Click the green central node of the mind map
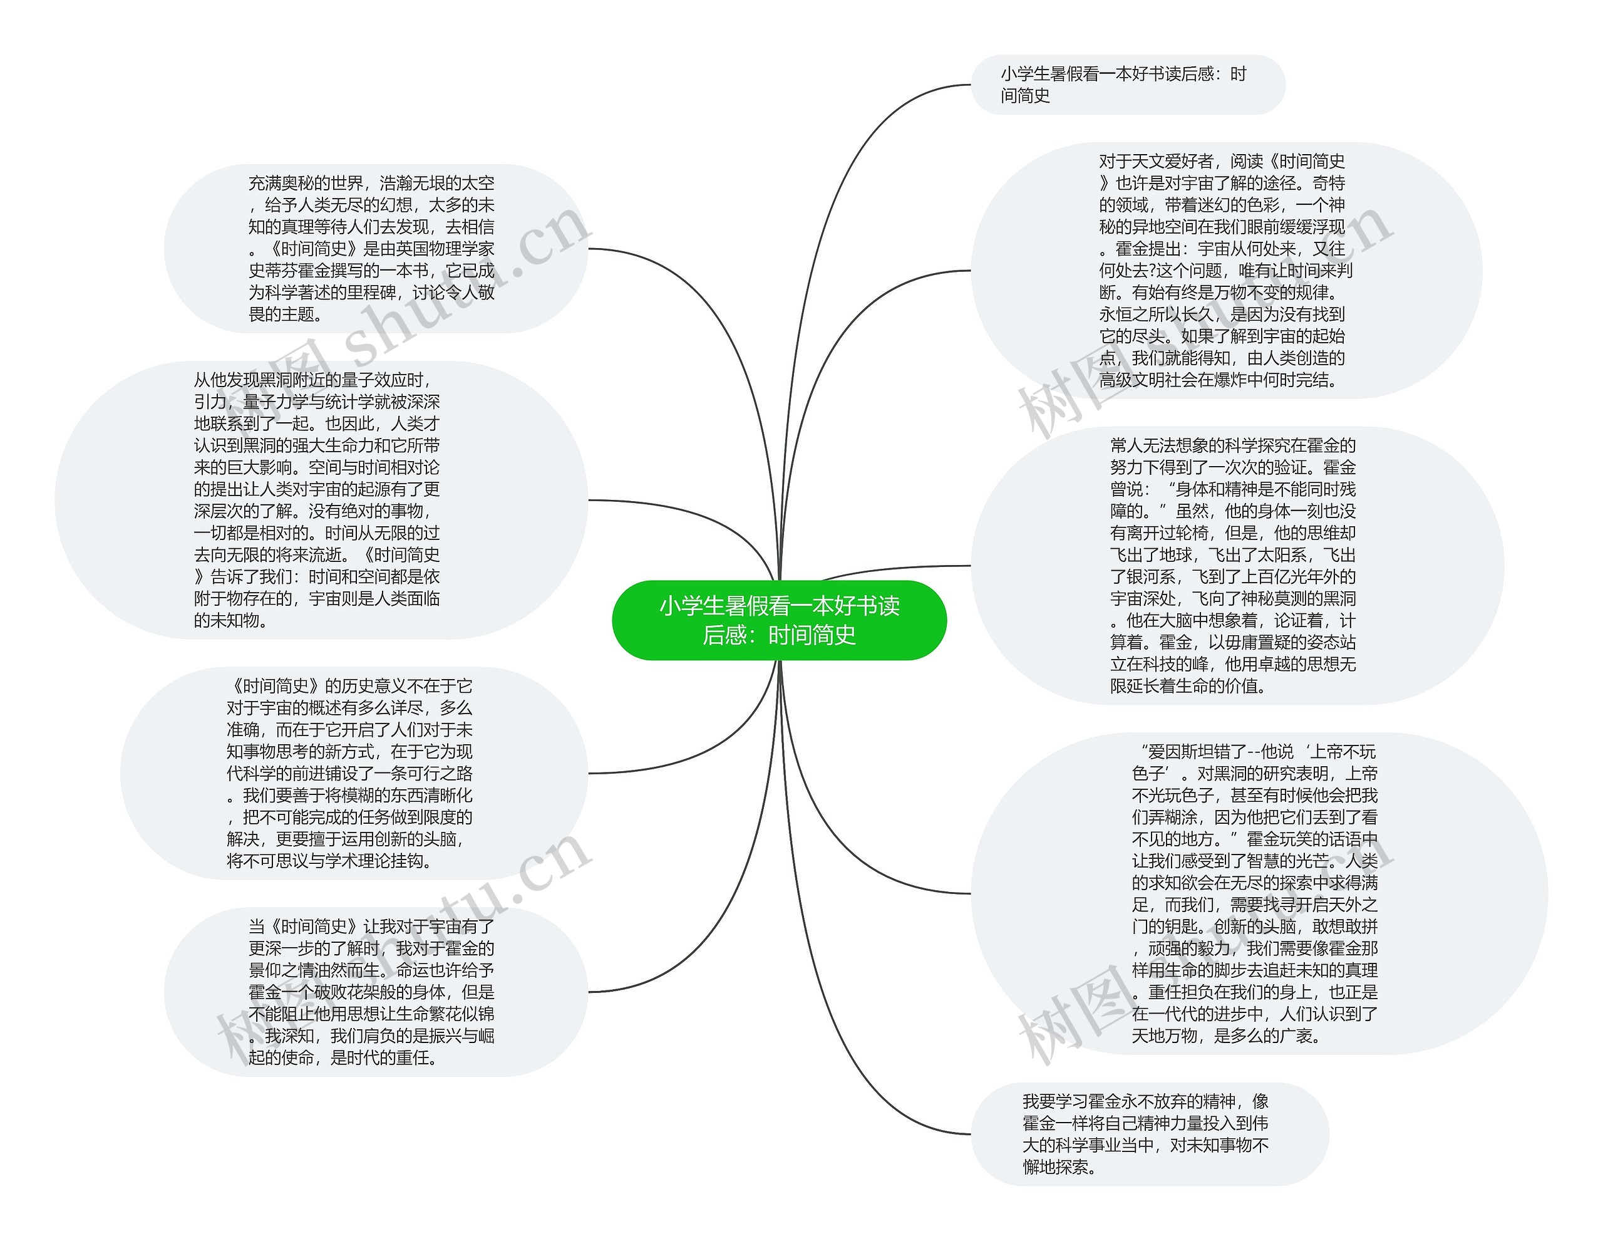[779, 620]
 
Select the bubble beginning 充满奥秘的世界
[375, 248]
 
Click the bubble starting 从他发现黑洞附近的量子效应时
[321, 499]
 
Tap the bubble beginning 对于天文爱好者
[1226, 270]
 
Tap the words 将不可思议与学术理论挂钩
[328, 861]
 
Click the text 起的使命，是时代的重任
[343, 1057]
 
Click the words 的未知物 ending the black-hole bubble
[230, 620]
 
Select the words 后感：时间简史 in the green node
[779, 635]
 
